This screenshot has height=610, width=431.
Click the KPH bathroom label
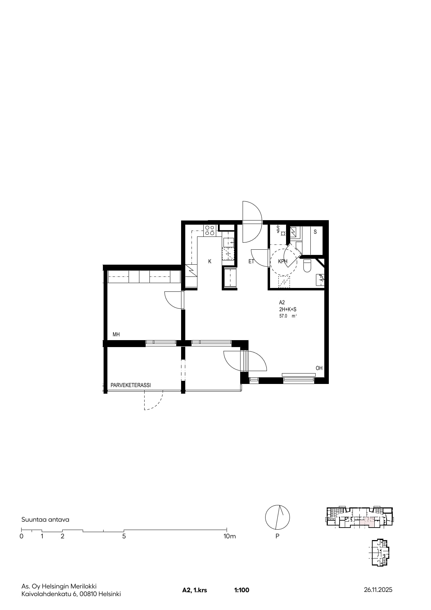283,262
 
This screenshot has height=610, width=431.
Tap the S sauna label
315,232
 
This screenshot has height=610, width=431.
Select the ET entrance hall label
251,262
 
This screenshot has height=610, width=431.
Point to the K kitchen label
210,262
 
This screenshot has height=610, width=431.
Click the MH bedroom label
116,335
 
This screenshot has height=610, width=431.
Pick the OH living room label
319,368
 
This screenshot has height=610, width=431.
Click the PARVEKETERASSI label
131,385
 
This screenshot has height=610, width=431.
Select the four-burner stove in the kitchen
210,230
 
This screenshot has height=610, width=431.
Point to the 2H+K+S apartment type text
288,309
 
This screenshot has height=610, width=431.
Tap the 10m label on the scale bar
229,536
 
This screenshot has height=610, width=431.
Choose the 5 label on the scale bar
124,536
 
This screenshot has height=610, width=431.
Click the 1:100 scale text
242,590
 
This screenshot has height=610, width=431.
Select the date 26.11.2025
378,590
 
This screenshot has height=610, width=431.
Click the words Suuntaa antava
45,520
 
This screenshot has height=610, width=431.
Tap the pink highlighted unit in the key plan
367,522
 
